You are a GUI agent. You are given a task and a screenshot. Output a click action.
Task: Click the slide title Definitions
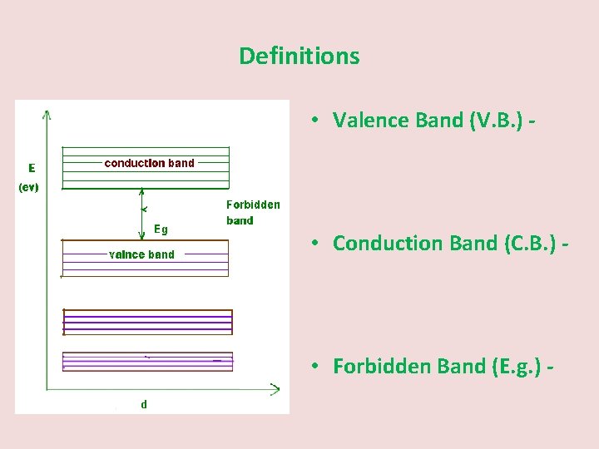point(299,56)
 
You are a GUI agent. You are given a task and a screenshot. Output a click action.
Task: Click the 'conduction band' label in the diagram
point(149,163)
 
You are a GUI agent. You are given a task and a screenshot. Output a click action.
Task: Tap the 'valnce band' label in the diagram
point(141,254)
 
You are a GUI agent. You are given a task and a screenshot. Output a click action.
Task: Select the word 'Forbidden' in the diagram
point(253,205)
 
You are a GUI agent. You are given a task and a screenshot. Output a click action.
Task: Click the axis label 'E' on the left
point(32,167)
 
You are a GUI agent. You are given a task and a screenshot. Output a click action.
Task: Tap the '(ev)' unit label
point(29,187)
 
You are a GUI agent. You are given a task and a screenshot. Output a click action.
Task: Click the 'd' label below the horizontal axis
point(144,404)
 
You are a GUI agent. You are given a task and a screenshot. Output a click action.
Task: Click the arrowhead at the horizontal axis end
point(275,387)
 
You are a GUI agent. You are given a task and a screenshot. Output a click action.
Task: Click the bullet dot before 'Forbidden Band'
point(317,366)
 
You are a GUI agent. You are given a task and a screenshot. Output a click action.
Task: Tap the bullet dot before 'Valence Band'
point(317,120)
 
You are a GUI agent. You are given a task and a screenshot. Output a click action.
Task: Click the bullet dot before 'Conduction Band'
point(317,243)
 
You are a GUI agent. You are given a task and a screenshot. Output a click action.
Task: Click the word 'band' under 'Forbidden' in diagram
point(240,221)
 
